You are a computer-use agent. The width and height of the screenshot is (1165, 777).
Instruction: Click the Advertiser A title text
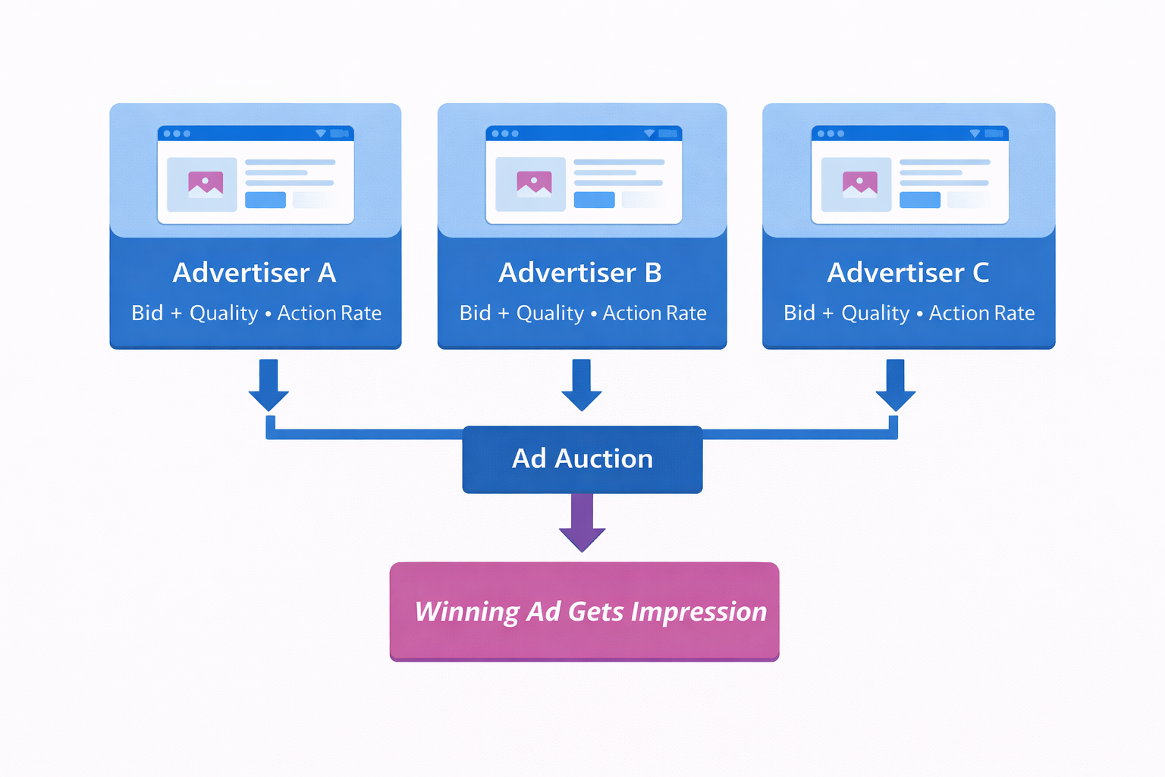pos(254,272)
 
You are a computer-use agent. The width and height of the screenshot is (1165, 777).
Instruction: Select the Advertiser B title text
pos(580,272)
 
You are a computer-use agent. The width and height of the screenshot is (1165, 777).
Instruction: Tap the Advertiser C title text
pos(908,272)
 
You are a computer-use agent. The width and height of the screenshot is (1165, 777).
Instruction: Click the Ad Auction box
pos(582,459)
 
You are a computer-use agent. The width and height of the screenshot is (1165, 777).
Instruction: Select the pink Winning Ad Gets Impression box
pos(584,611)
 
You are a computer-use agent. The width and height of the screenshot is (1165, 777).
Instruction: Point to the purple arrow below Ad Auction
pos(582,524)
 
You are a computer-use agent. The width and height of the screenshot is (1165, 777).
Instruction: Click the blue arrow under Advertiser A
pos(268,385)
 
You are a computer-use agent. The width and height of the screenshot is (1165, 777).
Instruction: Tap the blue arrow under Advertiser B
pos(582,385)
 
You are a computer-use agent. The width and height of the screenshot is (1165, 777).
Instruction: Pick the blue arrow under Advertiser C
pos(895,385)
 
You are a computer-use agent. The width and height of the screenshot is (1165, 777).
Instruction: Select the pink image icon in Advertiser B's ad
pos(534,184)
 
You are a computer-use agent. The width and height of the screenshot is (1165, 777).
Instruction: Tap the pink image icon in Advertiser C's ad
pos(859,184)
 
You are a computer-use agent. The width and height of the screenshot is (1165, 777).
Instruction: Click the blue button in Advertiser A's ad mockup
pos(265,200)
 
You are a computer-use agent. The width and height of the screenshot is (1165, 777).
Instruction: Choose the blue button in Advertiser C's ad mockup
pos(919,200)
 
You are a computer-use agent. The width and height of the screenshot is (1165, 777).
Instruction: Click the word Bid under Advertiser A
pos(147,313)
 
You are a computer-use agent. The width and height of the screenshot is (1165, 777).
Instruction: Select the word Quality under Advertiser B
pos(550,313)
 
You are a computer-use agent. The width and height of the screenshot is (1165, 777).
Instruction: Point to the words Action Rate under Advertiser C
pos(981,313)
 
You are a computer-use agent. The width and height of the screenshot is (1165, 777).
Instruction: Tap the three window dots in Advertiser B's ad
pos(505,134)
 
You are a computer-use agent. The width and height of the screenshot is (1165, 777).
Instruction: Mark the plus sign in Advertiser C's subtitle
pos(827,313)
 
